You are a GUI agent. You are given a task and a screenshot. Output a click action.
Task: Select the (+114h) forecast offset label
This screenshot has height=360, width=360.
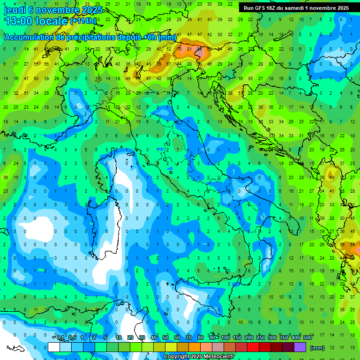pyautogui.click(x=83, y=21)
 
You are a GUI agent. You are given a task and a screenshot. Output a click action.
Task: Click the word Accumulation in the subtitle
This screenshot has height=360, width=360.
pyautogui.click(x=29, y=37)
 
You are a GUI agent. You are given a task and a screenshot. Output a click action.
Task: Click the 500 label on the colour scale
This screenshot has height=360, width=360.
pyautogui.click(x=307, y=337)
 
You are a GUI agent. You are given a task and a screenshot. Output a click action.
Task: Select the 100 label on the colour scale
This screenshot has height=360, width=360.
pyautogui.click(x=225, y=337)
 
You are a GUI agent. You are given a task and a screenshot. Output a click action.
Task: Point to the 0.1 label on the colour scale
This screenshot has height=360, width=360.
pyautogui.click(x=60, y=337)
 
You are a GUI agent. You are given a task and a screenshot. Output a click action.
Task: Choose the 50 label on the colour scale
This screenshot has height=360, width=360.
pyautogui.click(x=165, y=337)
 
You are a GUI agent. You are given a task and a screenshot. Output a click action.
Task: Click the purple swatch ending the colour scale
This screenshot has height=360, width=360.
pyautogui.click(x=300, y=347)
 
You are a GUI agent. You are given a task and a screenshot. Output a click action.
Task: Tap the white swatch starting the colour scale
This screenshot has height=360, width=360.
pyautogui.click(x=54, y=347)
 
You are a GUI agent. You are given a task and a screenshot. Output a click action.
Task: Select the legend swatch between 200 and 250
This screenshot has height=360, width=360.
pyautogui.click(x=253, y=347)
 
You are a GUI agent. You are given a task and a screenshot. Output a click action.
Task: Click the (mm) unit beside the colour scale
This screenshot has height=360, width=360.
pyautogui.click(x=317, y=347)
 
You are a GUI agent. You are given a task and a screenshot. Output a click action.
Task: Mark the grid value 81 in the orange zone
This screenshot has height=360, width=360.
pyautogui.click(x=189, y=48)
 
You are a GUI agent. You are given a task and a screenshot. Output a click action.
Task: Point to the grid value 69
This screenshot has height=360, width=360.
pyautogui.click(x=331, y=178)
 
